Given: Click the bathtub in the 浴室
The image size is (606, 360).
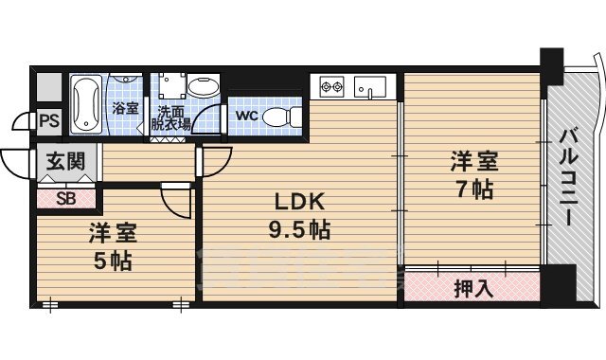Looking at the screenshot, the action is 86,104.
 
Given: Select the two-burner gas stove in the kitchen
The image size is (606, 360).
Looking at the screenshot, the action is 331,86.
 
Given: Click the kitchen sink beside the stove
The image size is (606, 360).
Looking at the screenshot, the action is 370,86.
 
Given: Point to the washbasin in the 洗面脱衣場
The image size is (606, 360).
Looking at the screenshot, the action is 204,85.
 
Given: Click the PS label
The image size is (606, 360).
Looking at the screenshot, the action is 49,121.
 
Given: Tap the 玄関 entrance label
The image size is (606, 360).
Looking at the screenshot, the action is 65,161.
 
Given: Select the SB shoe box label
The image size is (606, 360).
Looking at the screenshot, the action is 65,199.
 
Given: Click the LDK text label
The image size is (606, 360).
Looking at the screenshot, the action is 299,202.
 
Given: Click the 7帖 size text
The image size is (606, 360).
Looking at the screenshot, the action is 475,189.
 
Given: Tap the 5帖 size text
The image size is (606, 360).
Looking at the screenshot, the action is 113,261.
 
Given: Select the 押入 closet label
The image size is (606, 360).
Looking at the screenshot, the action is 473,288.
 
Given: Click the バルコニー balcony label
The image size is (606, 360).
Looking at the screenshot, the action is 569,177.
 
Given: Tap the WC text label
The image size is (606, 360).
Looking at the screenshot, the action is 246,116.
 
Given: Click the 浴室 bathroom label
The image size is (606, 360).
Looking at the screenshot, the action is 125,108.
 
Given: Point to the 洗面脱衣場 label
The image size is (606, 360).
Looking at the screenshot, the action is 170,117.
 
